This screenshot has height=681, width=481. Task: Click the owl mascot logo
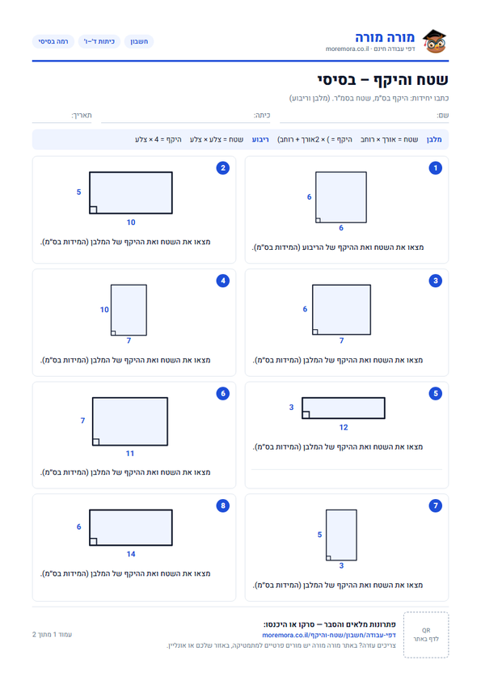pos(434,41)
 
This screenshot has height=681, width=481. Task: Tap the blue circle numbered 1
pos(436,168)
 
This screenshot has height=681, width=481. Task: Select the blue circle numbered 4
pos(222,281)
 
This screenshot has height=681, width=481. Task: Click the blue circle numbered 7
pos(436,505)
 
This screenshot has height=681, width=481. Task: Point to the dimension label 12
pos(344,427)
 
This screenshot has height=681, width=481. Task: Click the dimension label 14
pos(131,554)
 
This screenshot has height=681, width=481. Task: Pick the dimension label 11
pos(130,454)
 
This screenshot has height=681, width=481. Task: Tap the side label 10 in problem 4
pos(104,310)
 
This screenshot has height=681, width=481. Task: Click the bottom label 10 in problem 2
pos(131,222)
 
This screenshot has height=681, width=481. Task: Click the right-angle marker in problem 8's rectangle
pos(93,542)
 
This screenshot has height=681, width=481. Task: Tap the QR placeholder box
pos(426,635)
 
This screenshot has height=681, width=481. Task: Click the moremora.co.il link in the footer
pos(329,635)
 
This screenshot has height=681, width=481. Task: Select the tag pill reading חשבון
pos(139,41)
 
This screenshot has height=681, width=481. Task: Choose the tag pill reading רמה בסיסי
pos(53,41)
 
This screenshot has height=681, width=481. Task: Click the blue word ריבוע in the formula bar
pos(260,139)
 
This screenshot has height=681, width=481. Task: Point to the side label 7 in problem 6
pos(82,421)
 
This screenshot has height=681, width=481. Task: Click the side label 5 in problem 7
pos(319,535)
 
